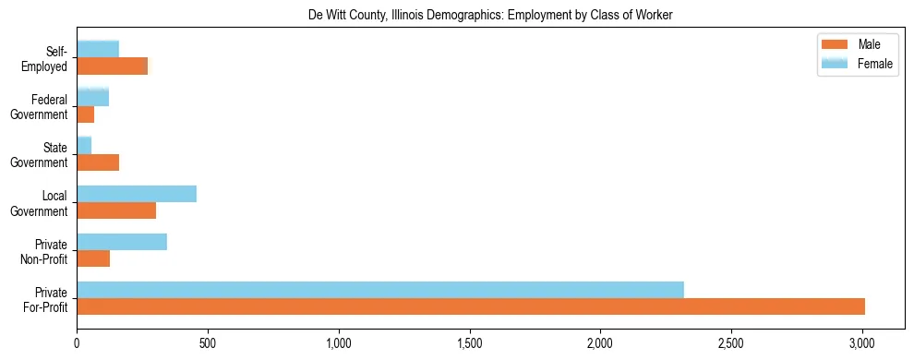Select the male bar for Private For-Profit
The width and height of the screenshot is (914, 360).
click(471, 306)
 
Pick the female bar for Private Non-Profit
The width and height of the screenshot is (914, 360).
click(122, 241)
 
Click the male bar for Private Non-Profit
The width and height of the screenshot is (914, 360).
click(93, 258)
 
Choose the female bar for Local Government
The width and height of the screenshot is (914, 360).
click(137, 193)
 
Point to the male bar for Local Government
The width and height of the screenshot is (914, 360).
click(116, 210)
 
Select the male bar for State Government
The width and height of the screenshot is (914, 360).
click(98, 162)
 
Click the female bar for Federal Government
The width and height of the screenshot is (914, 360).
click(93, 97)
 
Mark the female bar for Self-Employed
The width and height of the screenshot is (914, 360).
click(98, 49)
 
